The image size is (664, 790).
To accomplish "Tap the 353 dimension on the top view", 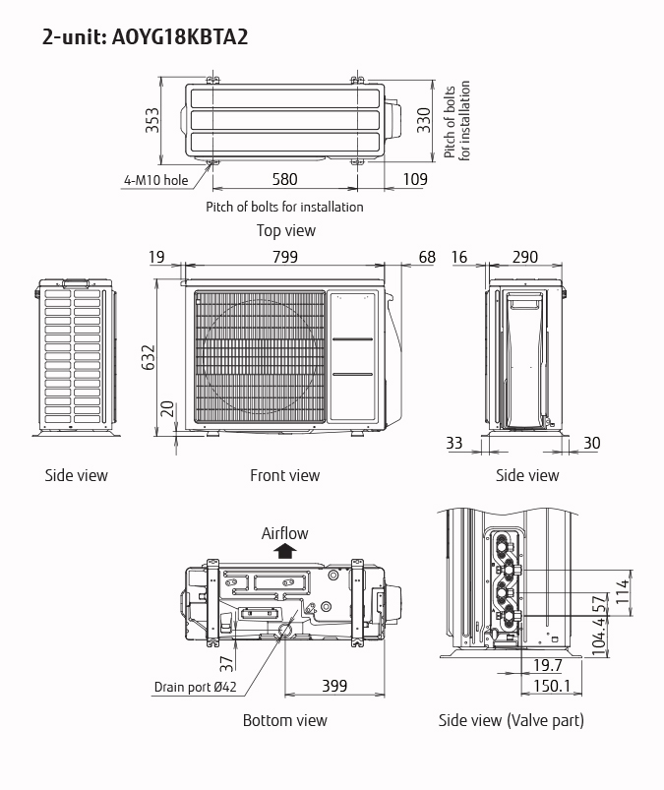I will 153,120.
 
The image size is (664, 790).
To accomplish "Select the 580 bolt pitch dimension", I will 284,179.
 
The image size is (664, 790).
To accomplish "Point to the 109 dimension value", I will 415,179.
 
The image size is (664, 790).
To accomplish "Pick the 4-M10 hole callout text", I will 155,180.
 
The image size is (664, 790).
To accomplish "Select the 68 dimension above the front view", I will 426,257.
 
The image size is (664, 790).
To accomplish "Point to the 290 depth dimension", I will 525,257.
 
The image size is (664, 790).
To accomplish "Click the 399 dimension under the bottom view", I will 334,686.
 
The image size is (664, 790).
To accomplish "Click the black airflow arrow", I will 284,551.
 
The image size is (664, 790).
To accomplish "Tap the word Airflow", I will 284,533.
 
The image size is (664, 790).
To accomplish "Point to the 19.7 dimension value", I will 547,666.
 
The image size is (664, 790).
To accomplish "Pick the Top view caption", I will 286,230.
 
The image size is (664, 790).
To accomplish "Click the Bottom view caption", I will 285,720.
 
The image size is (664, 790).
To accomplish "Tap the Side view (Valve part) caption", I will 512,720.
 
